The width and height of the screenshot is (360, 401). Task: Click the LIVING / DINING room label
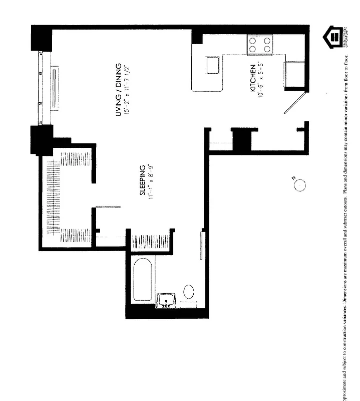(x=119, y=90)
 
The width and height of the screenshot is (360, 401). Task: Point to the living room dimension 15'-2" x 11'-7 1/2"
(x=127, y=90)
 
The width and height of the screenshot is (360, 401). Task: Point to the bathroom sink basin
(x=165, y=301)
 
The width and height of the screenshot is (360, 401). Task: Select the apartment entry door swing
(x=294, y=103)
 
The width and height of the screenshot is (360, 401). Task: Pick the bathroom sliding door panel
(x=202, y=245)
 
